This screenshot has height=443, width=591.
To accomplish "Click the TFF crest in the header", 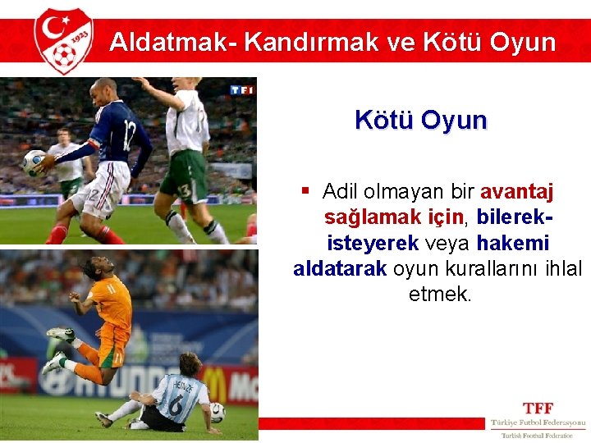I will [x=63, y=40].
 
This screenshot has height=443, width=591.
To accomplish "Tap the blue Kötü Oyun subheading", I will [x=420, y=120].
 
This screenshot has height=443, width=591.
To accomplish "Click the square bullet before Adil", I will [x=305, y=191].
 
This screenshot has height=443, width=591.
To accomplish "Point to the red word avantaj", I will [x=516, y=192].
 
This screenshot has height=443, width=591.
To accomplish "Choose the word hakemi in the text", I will [x=512, y=244].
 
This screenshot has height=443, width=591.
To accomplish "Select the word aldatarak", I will [x=339, y=269].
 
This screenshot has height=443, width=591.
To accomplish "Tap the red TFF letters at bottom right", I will [x=538, y=408].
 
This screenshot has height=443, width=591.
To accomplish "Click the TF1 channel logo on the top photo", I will [x=241, y=89].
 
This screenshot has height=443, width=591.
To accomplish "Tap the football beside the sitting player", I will [x=217, y=412].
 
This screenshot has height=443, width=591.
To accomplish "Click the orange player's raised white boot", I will [x=59, y=334].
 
